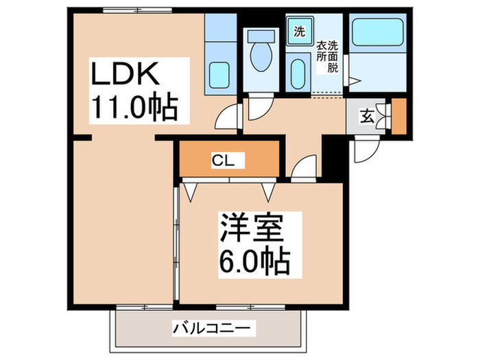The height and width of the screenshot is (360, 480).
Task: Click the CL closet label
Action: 223,161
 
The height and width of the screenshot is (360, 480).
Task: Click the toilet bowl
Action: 261,58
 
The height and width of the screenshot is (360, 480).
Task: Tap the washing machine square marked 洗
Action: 299,32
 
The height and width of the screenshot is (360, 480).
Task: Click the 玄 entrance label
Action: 368,116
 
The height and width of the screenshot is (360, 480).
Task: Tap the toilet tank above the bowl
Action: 261,36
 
